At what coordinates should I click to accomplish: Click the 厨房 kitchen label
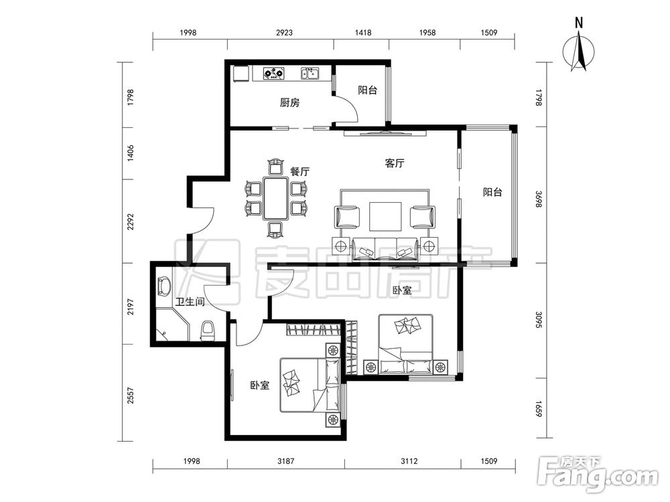click(289, 103)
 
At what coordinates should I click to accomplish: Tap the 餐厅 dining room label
click(299, 171)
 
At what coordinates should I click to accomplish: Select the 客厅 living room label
click(395, 163)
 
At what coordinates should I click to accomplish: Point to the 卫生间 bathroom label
click(190, 303)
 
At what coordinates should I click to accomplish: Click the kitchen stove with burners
click(273, 74)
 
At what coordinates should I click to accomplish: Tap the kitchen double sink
click(310, 74)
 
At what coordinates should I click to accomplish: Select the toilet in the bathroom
click(208, 331)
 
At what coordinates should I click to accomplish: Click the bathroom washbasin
click(164, 286)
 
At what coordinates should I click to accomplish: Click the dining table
click(275, 198)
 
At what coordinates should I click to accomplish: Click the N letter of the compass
click(579, 23)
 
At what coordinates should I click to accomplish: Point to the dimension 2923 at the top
click(284, 32)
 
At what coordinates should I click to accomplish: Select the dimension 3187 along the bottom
click(286, 461)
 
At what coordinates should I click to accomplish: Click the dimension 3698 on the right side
click(539, 199)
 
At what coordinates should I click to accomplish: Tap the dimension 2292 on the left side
click(131, 222)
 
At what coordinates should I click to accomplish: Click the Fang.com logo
click(598, 475)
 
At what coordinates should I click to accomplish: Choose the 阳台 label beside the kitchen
click(367, 90)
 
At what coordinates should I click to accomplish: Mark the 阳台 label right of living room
click(492, 192)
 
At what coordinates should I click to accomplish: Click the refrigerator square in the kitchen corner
click(241, 74)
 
